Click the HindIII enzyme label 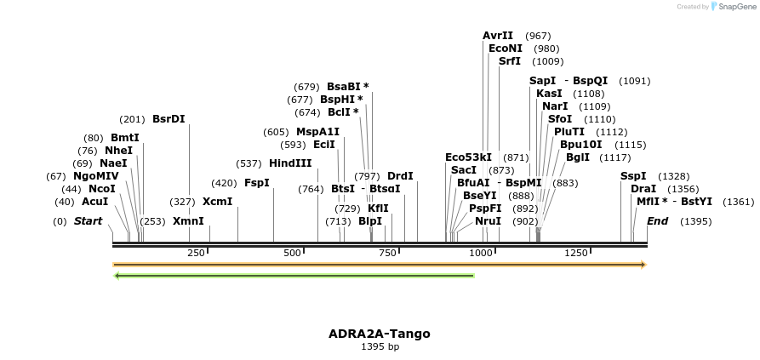[290, 163]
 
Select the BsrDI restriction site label [169, 119]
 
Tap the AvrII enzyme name [498, 36]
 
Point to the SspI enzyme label [633, 176]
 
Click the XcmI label [217, 202]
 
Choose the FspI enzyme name [256, 183]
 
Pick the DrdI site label [400, 176]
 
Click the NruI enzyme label [489, 221]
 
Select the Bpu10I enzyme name [580, 145]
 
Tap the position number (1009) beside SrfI [547, 61]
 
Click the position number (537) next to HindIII [249, 163]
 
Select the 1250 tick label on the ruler [576, 253]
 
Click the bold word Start [88, 221]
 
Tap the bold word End [657, 221]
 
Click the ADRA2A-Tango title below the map [380, 334]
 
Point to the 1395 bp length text [380, 346]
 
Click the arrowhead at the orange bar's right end [643, 265]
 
